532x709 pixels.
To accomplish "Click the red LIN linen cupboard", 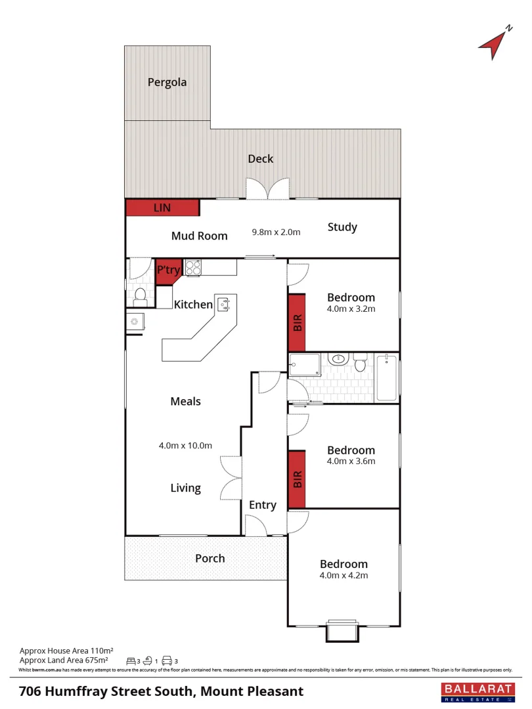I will pyautogui.click(x=162, y=207).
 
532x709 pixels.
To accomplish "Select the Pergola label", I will pyautogui.click(x=167, y=83).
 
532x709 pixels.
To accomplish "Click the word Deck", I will pyautogui.click(x=261, y=159).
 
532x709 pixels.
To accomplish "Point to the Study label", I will pyautogui.click(x=342, y=227).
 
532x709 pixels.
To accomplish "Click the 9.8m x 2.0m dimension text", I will pyautogui.click(x=276, y=232).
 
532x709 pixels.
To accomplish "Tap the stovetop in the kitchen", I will pyautogui.click(x=193, y=267).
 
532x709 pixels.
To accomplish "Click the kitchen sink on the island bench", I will pyautogui.click(x=225, y=304).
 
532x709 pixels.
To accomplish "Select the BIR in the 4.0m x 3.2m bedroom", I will pyautogui.click(x=297, y=322).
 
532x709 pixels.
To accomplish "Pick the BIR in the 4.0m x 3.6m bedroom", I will pyautogui.click(x=297, y=479).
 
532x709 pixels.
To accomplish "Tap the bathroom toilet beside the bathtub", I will pyautogui.click(x=360, y=362).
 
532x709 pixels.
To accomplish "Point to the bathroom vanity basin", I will pyautogui.click(x=338, y=360).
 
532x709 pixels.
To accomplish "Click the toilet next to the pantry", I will pyautogui.click(x=139, y=297).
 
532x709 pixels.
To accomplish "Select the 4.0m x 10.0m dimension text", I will pyautogui.click(x=185, y=445).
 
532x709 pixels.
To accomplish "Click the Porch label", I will pyautogui.click(x=210, y=559).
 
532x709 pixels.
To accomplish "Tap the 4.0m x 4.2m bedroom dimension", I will pyautogui.click(x=344, y=576).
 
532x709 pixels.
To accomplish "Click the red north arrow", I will pyautogui.click(x=495, y=44).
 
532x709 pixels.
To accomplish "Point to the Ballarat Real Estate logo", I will pyautogui.click(x=477, y=692).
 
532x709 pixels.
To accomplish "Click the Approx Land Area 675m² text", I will pyautogui.click(x=63, y=660).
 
